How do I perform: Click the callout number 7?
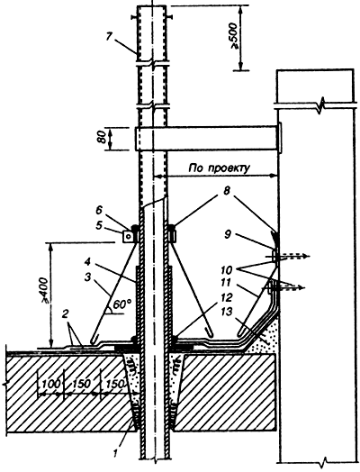pos(110,37)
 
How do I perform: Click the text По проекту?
pos(220,168)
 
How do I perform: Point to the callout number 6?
pos(98,211)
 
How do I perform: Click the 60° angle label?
pos(121,305)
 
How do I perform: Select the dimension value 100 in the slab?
pos(49,384)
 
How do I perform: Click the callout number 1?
pos(116,453)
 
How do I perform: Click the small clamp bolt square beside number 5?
pos(128,237)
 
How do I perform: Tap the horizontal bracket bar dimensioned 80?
pos(208,139)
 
